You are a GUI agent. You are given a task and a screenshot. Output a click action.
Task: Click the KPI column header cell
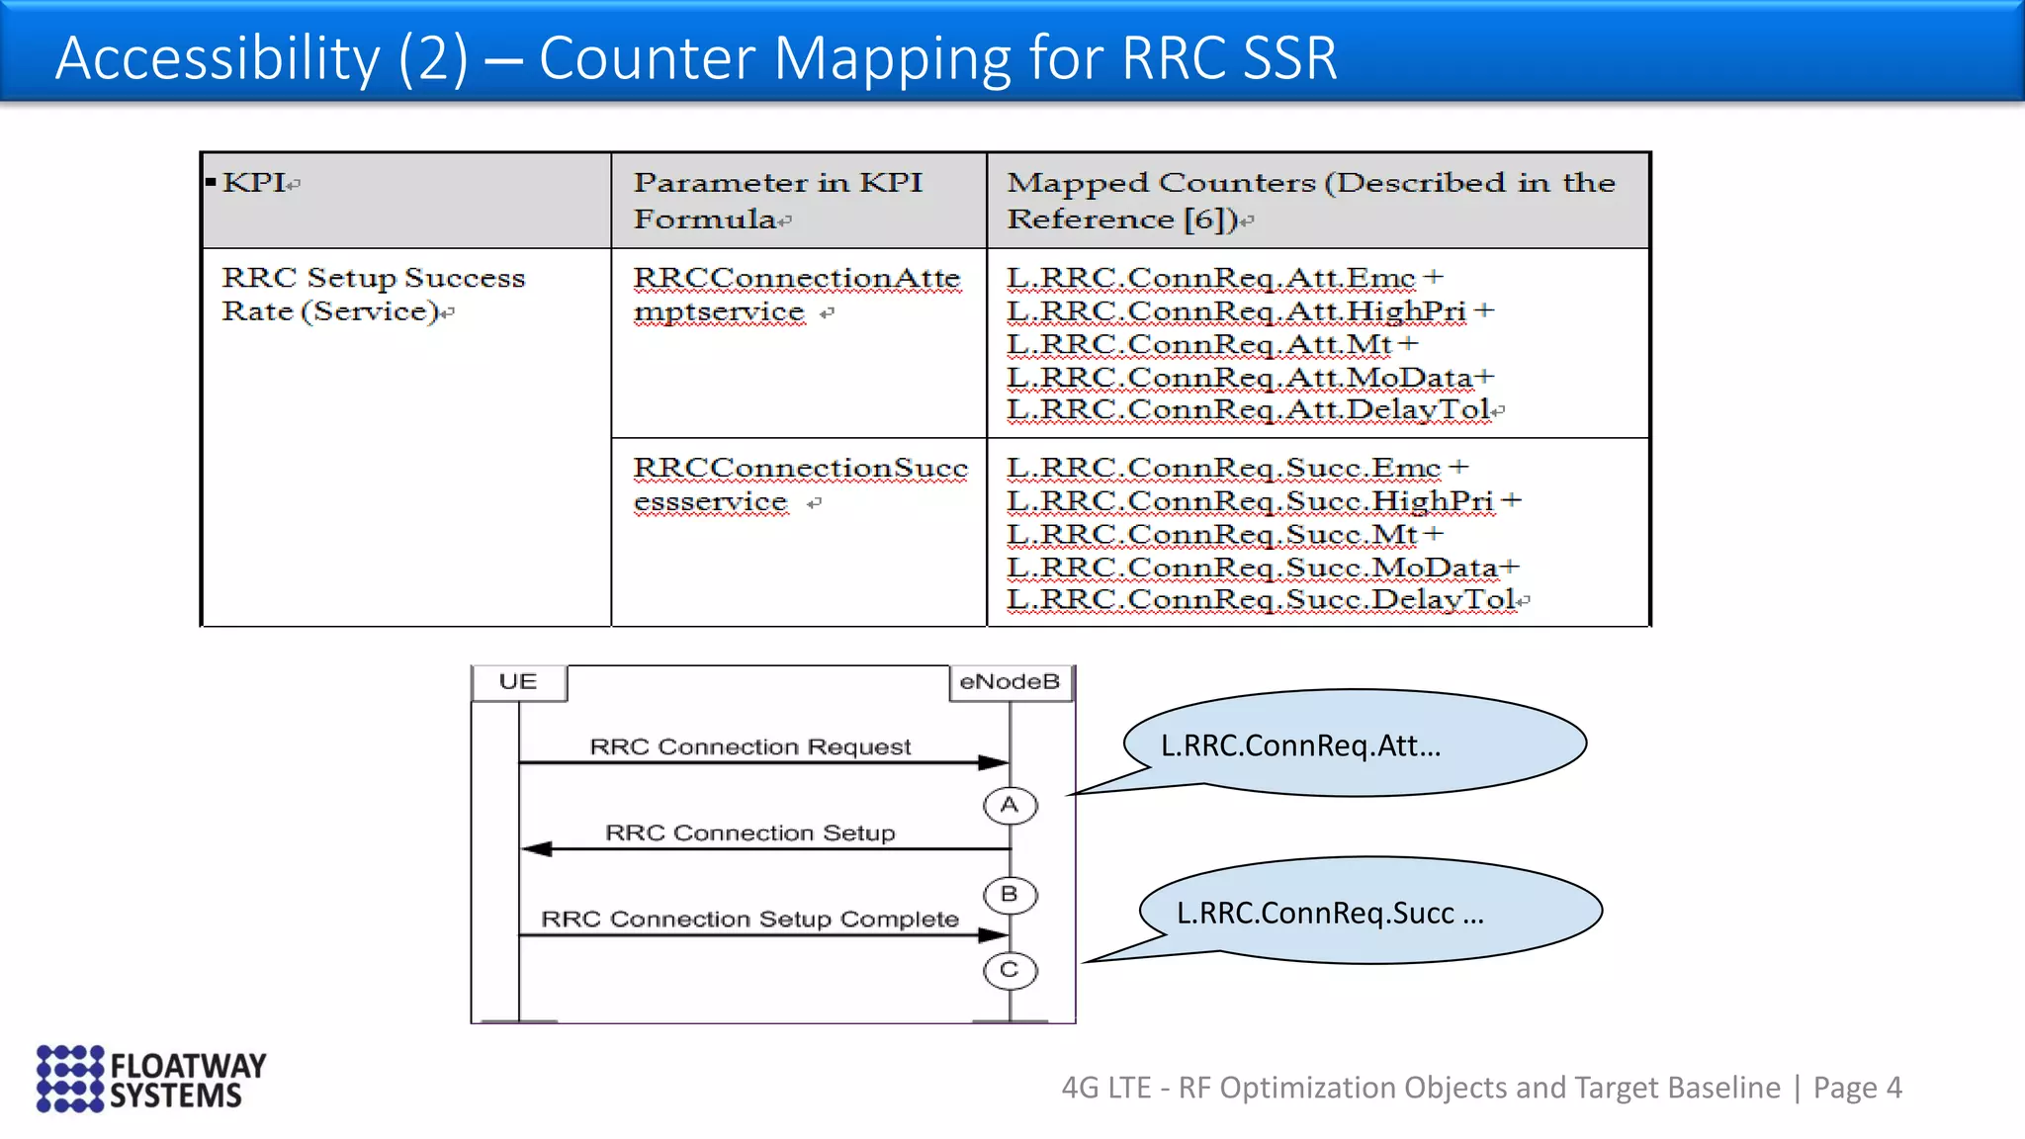(x=405, y=200)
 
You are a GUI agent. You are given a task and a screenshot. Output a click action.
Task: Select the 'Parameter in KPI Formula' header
(x=778, y=200)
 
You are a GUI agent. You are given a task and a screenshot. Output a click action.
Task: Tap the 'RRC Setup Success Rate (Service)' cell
(x=373, y=295)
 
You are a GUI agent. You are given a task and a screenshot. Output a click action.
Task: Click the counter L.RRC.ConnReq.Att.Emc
(x=1210, y=278)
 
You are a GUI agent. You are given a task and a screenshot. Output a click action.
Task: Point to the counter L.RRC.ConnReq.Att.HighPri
(x=1236, y=311)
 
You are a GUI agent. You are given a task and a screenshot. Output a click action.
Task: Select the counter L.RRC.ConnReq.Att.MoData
(x=1240, y=378)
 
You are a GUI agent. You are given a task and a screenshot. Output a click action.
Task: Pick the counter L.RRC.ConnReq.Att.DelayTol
(x=1248, y=409)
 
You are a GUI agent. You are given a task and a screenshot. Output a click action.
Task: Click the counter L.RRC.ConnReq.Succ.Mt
(x=1212, y=535)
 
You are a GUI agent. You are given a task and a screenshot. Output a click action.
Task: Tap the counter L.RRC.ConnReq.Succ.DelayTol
(x=1261, y=599)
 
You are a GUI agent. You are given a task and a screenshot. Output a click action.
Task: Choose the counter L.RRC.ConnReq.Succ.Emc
(x=1223, y=468)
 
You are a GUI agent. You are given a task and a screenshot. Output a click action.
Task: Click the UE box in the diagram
(x=518, y=682)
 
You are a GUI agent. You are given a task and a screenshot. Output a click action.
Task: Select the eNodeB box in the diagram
(x=1010, y=682)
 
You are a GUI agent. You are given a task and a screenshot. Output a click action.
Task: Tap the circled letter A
(x=1010, y=806)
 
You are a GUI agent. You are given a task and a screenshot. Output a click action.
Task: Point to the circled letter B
(x=1010, y=895)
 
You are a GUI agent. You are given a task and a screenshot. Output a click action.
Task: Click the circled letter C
(x=1010, y=971)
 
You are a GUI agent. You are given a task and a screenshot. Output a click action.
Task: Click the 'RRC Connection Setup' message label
(x=749, y=833)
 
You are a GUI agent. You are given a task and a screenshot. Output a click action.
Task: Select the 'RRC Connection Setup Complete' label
(x=749, y=920)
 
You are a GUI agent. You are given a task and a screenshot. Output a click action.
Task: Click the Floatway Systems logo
(x=151, y=1079)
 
